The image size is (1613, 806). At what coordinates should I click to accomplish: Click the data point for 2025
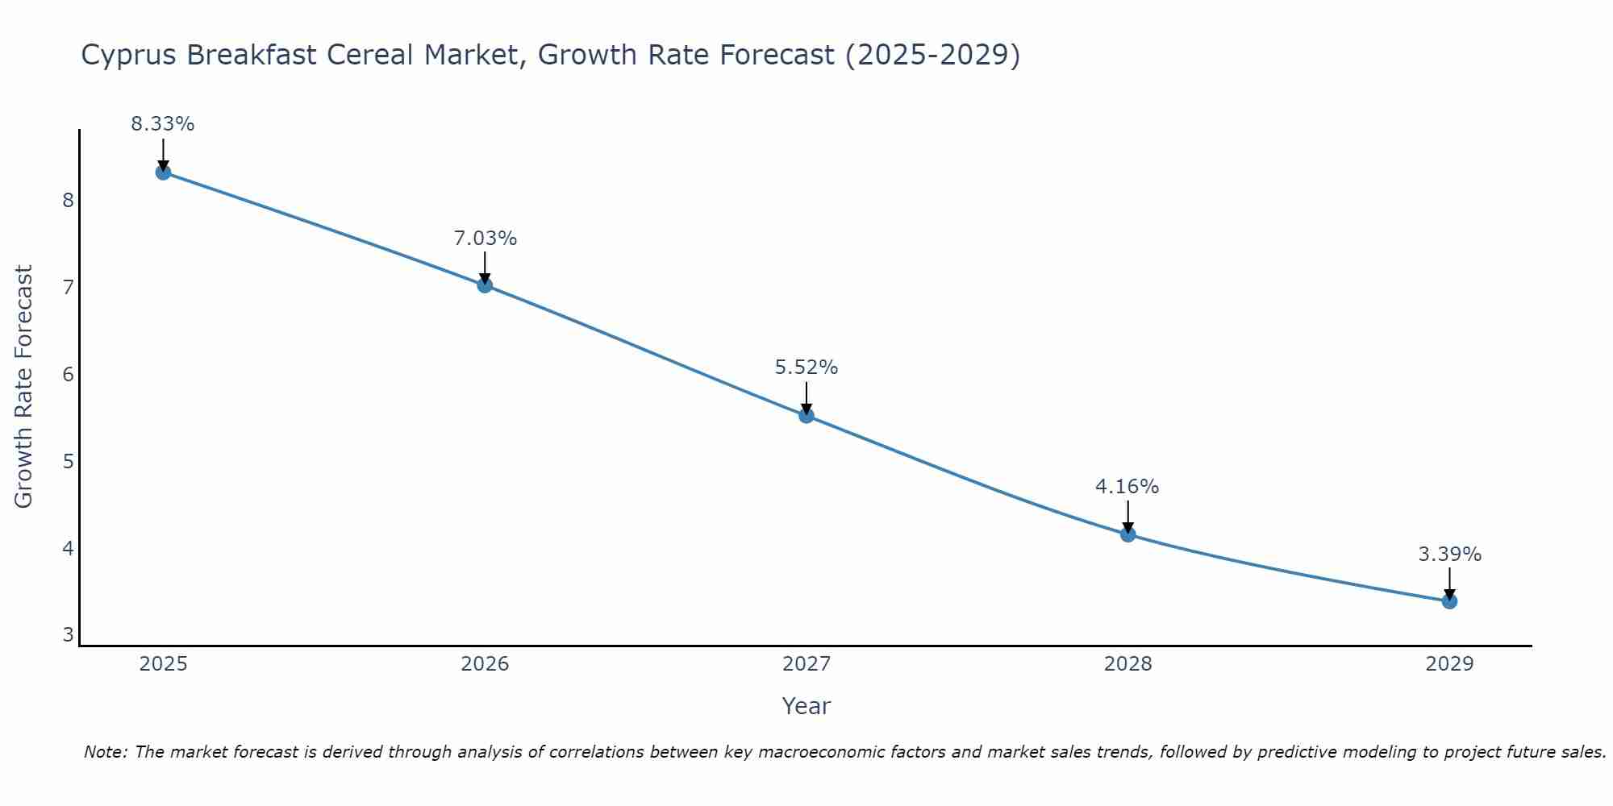tap(163, 172)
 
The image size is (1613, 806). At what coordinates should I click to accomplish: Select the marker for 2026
tap(485, 285)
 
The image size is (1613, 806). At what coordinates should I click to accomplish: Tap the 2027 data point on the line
tap(806, 416)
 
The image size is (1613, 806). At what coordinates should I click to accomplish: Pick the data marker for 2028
tap(1127, 534)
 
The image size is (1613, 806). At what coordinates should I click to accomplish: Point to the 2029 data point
tap(1449, 601)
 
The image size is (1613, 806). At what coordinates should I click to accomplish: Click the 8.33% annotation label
tap(163, 124)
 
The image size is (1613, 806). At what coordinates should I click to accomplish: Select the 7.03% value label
tap(485, 239)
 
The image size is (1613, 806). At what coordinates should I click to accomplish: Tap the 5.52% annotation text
tap(806, 368)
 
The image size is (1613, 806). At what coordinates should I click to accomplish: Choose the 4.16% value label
tap(1127, 487)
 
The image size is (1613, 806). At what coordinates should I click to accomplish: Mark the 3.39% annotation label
tap(1449, 555)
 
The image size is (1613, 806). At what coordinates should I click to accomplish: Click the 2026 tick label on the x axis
tap(485, 664)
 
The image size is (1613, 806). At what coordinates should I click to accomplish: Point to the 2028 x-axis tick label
tap(1127, 664)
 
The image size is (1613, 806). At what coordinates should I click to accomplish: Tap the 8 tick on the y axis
tap(69, 200)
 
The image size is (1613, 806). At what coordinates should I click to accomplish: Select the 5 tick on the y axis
tap(69, 461)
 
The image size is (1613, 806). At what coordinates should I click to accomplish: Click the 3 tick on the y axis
tap(69, 635)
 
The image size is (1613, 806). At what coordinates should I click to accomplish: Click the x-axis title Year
tap(806, 706)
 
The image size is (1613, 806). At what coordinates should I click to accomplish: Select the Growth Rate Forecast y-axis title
tap(24, 387)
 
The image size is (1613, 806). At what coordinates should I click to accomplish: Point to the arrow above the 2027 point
tap(806, 397)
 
